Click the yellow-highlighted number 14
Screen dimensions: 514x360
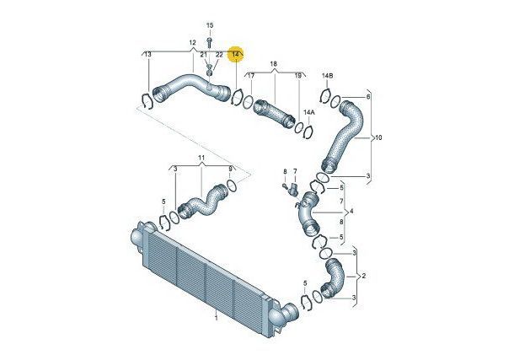235,54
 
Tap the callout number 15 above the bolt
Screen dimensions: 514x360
210,25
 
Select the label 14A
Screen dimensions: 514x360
308,112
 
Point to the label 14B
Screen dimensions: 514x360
327,76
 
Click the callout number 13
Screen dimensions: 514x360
147,54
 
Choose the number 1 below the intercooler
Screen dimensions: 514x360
216,318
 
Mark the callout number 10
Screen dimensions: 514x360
378,137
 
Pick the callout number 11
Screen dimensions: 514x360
201,158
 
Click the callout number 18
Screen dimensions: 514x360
274,63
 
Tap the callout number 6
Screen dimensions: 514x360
368,97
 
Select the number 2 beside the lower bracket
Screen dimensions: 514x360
363,276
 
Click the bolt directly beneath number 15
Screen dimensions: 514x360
210,41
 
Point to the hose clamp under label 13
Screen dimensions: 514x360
147,101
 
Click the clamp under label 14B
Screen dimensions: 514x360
326,96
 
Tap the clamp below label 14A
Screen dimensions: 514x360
308,132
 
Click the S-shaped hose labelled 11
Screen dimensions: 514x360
202,202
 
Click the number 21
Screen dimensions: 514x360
204,54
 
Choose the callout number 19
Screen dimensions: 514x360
297,76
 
